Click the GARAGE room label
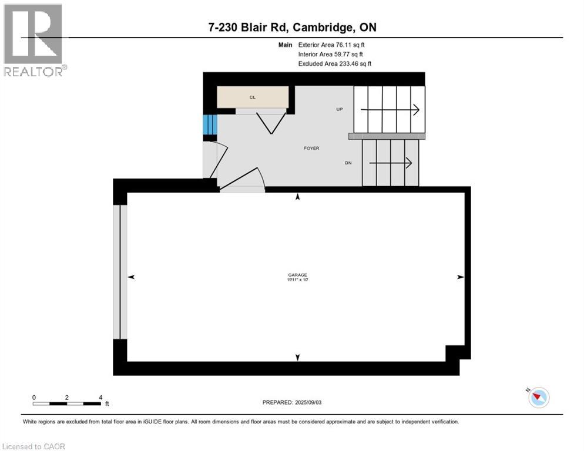point(297,275)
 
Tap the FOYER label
point(311,148)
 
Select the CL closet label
point(252,97)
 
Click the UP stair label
point(339,109)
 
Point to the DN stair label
point(348,163)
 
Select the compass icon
point(538,398)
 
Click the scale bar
point(67,403)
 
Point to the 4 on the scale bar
point(100,398)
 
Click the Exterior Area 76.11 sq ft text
point(335,45)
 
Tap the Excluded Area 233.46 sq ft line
point(335,63)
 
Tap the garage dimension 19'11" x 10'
point(297,280)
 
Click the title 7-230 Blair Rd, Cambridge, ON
point(291,27)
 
